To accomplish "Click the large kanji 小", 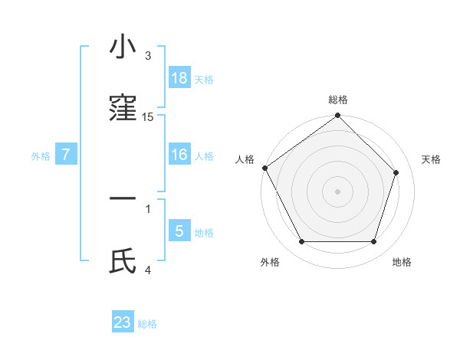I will coord(123,47).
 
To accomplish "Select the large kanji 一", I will coord(123,198).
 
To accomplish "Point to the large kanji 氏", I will coord(123,260).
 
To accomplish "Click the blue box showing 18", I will coord(179,78).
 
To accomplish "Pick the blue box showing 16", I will coord(179,155).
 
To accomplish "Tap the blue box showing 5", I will coord(179,231).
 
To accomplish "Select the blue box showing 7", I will coord(66,155).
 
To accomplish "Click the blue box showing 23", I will coord(123,322).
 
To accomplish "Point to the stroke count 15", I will coord(148,117).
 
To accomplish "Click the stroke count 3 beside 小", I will coord(148,56).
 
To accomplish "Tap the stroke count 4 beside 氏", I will coord(148,269).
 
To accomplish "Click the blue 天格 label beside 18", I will coord(204,80).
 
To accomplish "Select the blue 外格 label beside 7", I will coord(41,156).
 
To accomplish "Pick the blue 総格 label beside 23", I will coord(147,324).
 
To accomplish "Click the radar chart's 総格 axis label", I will coord(338,100).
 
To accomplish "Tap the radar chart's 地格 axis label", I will coord(402,262).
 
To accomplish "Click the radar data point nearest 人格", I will coord(265,168).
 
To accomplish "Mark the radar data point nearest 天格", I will coord(396,172).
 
